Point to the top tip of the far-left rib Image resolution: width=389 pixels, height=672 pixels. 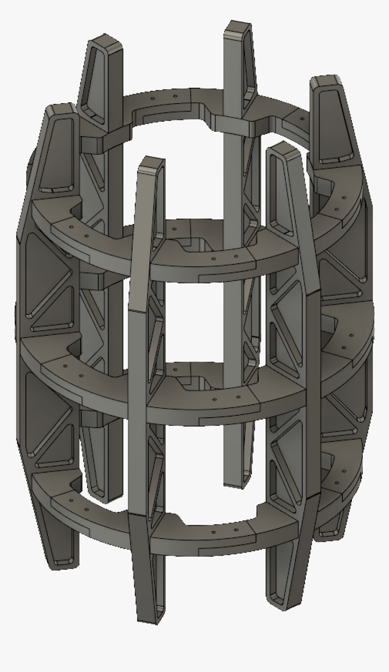click(x=61, y=108)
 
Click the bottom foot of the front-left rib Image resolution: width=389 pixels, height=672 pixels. click(x=149, y=620)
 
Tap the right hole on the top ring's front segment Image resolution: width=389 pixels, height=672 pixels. click(x=235, y=256)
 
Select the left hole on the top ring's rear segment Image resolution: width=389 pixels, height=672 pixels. click(x=153, y=98)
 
